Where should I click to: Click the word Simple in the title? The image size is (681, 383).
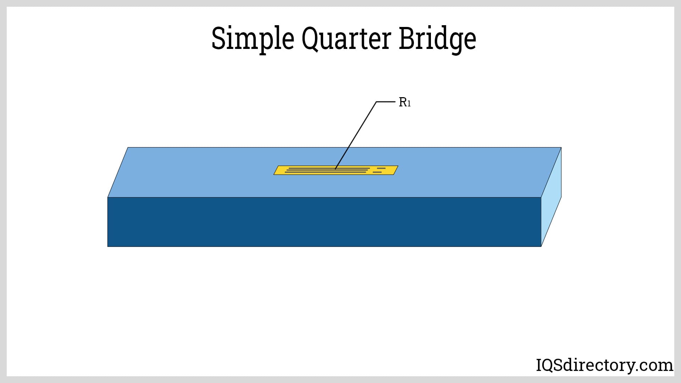click(253, 38)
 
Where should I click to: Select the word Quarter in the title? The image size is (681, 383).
click(346, 38)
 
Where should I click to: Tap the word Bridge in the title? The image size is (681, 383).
click(437, 38)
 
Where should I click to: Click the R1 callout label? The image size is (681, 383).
click(404, 102)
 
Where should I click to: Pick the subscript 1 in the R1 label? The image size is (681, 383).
click(409, 104)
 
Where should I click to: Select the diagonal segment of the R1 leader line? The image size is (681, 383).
click(356, 135)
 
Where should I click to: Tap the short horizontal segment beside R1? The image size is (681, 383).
click(386, 102)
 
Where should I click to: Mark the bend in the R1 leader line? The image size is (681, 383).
click(376, 102)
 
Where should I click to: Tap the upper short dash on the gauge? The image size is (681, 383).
click(381, 168)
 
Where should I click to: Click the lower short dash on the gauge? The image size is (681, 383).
click(377, 172)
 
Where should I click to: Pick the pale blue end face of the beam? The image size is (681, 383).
click(551, 197)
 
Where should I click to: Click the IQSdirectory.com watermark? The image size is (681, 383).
click(604, 365)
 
